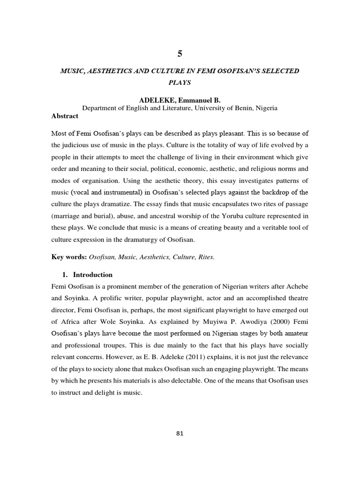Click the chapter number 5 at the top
pyautogui.click(x=180, y=54)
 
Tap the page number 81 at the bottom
pyautogui.click(x=180, y=433)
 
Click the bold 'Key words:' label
pyautogui.click(x=69, y=257)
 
